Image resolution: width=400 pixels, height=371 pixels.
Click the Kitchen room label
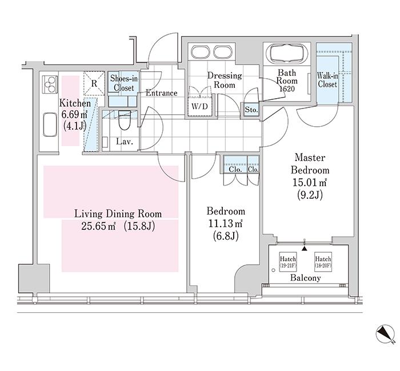coord(75,103)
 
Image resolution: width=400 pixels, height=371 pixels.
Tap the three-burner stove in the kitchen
coord(50,83)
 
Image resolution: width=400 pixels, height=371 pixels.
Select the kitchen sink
coord(50,125)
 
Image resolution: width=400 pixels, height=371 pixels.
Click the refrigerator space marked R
coord(94,83)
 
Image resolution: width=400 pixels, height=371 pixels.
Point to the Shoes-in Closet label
coord(124,83)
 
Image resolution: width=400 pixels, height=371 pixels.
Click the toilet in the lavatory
coord(125,120)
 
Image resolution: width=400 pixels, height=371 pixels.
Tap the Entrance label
coord(162,93)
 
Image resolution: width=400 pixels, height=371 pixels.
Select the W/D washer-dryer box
coord(200,106)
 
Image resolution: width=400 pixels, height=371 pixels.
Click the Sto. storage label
coord(251,110)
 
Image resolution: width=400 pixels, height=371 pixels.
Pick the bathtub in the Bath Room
coord(287,53)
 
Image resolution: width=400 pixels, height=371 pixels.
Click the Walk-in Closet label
coord(327,80)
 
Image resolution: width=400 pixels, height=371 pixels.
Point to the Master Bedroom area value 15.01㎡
coord(310,182)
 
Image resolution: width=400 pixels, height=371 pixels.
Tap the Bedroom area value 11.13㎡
coord(226,224)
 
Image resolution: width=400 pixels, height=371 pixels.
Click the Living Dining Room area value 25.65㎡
coord(98,226)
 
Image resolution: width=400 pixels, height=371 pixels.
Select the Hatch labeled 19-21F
coord(288,262)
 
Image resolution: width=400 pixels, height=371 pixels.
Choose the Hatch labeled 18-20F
coord(323,262)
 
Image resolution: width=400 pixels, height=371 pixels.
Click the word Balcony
coord(305,278)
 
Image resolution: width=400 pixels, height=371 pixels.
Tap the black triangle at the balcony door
coord(305,248)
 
